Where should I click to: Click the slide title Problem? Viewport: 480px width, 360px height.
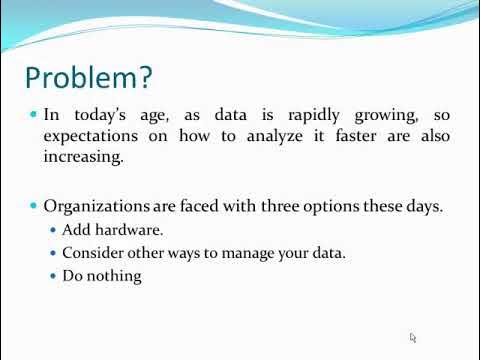(88, 78)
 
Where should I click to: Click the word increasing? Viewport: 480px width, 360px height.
(83, 157)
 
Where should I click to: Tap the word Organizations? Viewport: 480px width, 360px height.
(97, 206)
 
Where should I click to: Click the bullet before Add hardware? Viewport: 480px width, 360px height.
(53, 231)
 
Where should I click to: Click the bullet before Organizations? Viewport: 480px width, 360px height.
(34, 206)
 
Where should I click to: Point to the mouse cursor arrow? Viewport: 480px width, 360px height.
(413, 338)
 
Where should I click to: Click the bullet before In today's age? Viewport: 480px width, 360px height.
(34, 115)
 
